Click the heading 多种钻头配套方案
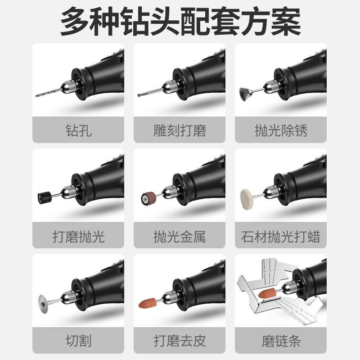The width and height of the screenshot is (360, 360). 180,22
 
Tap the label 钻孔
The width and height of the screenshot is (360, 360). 78,130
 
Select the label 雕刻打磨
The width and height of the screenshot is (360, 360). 180,130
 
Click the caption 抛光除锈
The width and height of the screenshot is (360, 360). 281,130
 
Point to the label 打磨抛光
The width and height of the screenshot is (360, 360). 78,236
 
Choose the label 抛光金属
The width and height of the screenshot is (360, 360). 180,236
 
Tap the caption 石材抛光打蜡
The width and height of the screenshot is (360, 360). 281,236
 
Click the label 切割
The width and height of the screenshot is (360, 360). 78,341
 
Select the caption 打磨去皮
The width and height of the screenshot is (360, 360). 180,341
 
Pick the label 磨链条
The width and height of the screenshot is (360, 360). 281,341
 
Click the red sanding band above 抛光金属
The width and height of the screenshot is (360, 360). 145,197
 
